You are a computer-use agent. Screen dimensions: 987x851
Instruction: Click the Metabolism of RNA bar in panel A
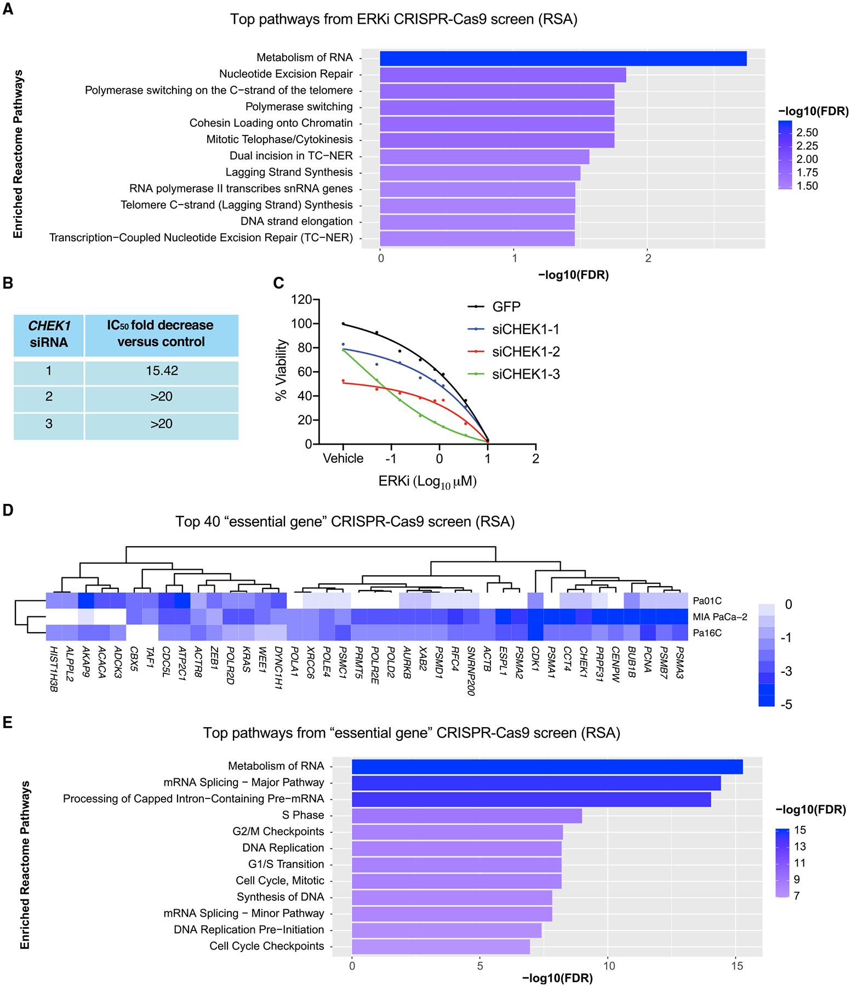click(x=563, y=58)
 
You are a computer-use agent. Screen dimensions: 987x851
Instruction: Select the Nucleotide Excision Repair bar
click(x=502, y=75)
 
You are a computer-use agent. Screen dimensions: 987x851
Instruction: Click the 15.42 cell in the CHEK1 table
click(x=161, y=371)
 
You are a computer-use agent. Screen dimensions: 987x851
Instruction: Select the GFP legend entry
click(x=506, y=307)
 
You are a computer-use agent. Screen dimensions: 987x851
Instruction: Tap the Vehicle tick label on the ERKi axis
click(x=343, y=458)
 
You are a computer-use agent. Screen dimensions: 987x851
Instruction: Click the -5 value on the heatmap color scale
click(x=787, y=705)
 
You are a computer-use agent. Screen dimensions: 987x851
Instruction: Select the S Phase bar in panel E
click(x=466, y=815)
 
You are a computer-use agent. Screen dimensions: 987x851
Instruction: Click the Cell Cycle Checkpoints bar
click(x=440, y=946)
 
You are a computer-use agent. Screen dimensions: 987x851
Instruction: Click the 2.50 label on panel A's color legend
click(x=808, y=133)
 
